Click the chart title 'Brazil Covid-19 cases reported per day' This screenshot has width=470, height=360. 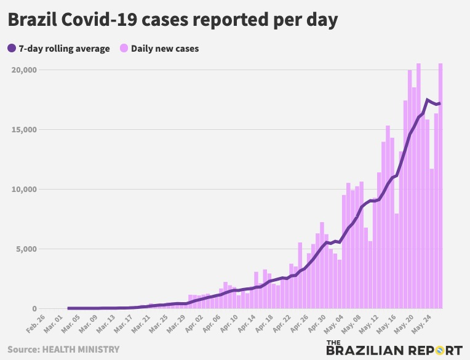[x=172, y=20]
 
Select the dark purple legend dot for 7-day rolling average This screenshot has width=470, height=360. [x=12, y=49]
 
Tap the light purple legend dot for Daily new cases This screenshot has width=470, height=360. [x=123, y=49]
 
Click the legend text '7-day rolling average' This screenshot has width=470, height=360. [x=64, y=49]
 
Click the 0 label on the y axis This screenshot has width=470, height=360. [x=34, y=309]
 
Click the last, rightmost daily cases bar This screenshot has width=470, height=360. [x=440, y=185]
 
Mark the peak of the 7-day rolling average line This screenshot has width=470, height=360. [x=428, y=100]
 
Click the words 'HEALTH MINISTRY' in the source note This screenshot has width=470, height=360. [x=80, y=350]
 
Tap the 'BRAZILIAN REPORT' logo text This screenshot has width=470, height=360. [x=394, y=351]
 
